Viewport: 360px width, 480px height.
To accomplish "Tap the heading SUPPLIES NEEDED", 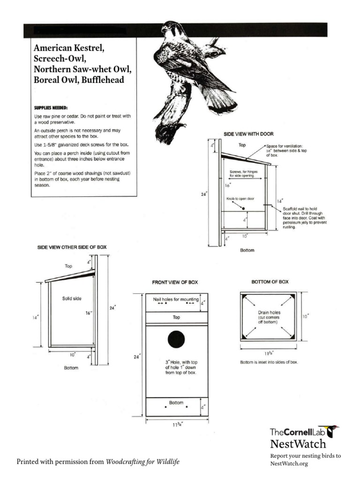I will [51, 107].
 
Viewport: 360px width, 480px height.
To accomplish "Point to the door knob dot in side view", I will [242, 207].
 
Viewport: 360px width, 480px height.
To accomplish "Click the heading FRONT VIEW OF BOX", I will [175, 282].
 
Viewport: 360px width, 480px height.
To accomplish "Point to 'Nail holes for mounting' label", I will [176, 299].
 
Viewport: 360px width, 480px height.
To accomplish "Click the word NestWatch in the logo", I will [298, 443].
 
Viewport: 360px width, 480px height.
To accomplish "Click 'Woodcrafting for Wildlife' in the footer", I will [142, 462].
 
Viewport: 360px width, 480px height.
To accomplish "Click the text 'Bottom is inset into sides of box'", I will [269, 362].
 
